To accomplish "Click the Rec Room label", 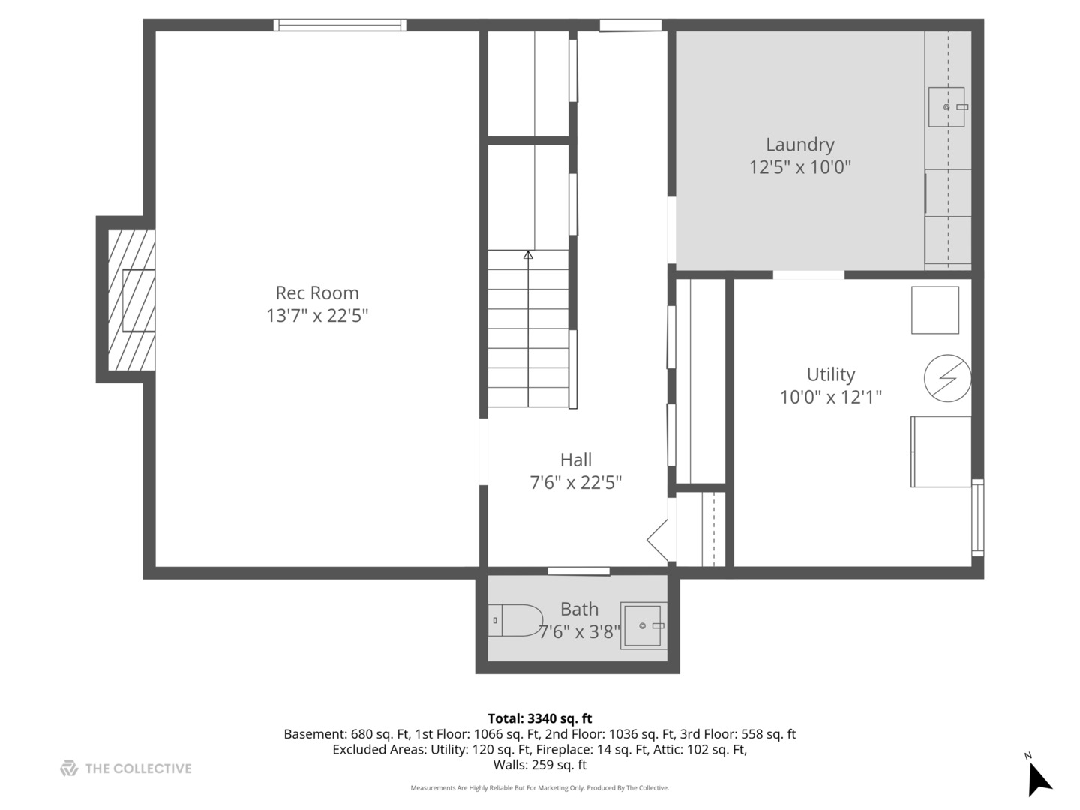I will click(317, 292).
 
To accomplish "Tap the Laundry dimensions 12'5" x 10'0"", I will click(799, 167).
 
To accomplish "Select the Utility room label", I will click(830, 373).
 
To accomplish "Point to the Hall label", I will click(575, 460).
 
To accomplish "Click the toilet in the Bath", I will click(515, 620).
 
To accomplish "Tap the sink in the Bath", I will click(643, 625).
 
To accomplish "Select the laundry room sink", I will click(946, 106).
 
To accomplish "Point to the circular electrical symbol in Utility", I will click(947, 377).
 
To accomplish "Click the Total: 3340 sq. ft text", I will click(539, 718).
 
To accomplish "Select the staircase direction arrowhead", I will click(528, 255).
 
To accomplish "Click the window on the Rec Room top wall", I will click(340, 25).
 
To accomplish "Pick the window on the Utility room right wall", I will click(977, 517).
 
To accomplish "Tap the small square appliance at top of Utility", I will click(934, 310).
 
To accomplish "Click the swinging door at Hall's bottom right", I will click(658, 540).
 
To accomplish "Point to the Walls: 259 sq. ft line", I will click(539, 765).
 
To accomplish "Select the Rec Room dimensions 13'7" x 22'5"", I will click(317, 316).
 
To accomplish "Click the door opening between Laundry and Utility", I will click(808, 274).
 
